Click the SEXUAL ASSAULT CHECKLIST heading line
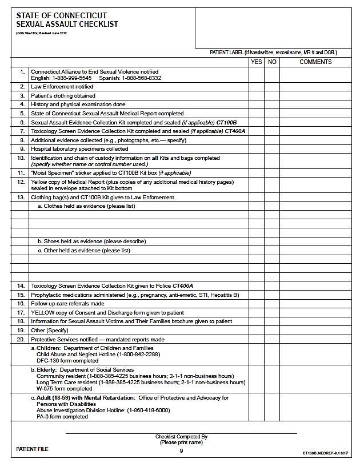67,24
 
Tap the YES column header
257,62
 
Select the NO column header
272,62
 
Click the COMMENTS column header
315,62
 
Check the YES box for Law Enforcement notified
257,87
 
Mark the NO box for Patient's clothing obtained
272,96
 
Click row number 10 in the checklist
21,158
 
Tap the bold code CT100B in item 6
226,123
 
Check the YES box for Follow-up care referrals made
257,304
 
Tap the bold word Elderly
49,369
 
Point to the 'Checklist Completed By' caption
181,437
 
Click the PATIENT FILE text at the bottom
33,449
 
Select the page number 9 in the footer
181,451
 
